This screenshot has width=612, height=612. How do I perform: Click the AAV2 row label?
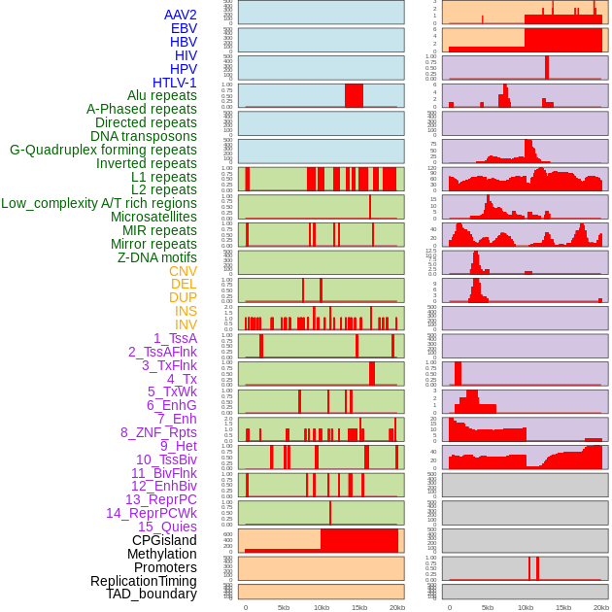(180, 15)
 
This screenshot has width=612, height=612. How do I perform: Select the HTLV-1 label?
(174, 83)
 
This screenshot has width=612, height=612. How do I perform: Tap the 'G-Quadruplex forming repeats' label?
(103, 150)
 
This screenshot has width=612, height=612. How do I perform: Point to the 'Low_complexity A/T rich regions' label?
(99, 203)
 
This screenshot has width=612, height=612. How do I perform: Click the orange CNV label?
(183, 271)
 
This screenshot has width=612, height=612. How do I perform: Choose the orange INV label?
(186, 324)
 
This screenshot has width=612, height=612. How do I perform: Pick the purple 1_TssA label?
(175, 338)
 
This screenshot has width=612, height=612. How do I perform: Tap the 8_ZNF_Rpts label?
(158, 432)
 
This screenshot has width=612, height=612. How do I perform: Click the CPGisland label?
(164, 540)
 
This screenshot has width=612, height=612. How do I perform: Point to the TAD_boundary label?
(151, 594)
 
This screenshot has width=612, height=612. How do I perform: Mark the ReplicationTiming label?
(143, 581)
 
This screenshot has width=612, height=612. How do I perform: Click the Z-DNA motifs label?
(156, 257)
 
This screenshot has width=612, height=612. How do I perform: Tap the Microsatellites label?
(153, 217)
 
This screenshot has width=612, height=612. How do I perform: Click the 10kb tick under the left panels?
(322, 607)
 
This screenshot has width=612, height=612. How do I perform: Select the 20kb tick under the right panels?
(601, 607)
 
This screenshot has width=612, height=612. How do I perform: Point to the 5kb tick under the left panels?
(284, 607)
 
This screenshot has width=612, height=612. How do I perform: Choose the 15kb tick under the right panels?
(562, 607)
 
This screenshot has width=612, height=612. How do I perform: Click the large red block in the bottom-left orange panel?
(359, 540)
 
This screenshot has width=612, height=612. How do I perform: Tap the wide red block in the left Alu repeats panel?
(354, 95)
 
